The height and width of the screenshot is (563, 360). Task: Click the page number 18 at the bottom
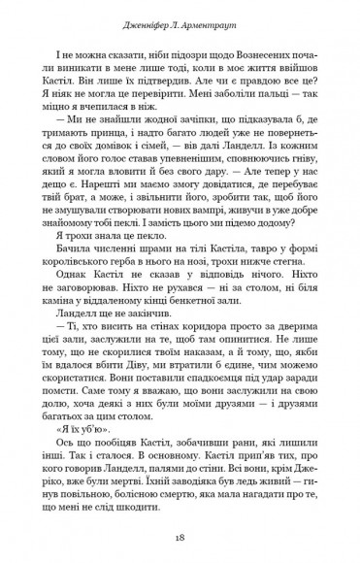[x=180, y=535]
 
